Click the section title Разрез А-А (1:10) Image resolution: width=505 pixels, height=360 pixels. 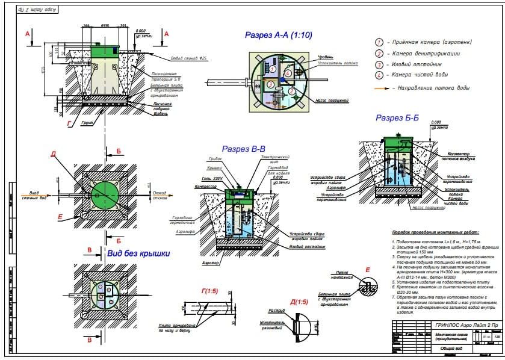(278, 36)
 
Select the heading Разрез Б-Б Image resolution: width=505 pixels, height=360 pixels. (397, 118)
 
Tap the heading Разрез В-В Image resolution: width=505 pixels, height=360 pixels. (243, 149)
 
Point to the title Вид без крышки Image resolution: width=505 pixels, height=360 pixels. (138, 253)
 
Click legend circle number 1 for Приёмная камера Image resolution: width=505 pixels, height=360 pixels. (379, 42)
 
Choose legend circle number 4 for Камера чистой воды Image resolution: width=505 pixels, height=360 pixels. (379, 75)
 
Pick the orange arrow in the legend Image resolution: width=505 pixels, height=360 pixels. (381, 88)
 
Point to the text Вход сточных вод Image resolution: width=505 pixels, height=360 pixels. (33, 194)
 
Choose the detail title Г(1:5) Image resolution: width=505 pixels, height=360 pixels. (210, 291)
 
